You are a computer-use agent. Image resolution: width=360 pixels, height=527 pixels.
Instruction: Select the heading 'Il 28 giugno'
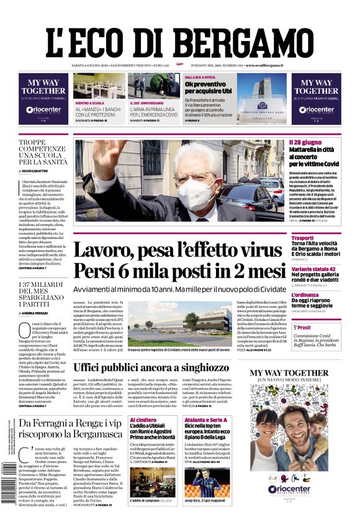coord(305,143)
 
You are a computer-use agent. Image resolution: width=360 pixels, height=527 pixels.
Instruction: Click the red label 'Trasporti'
coord(302,238)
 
